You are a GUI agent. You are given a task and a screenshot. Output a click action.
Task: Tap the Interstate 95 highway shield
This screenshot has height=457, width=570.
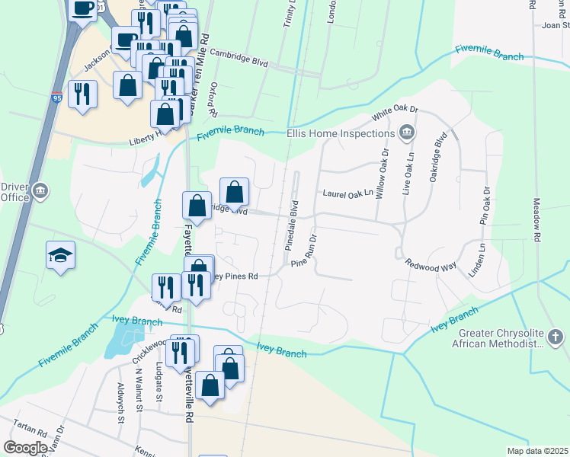57,97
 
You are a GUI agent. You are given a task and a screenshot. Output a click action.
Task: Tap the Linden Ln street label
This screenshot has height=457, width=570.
477,259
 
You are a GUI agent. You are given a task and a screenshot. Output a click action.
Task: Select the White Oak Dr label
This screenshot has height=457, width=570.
395,113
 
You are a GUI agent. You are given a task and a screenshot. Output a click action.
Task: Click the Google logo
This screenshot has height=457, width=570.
25,448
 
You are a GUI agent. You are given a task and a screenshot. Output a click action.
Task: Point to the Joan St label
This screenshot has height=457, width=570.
555,24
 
